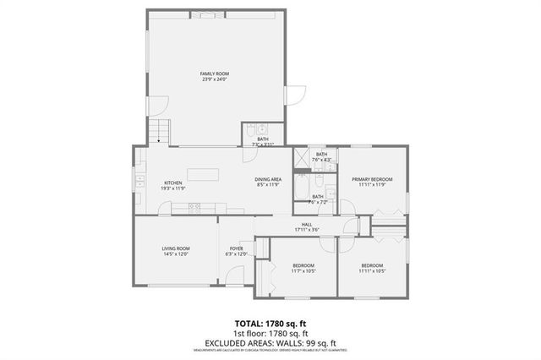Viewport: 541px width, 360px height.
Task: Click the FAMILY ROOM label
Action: click(x=215, y=74)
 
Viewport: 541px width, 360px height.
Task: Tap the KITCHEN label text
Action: click(x=173, y=183)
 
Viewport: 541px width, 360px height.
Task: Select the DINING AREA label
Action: click(x=268, y=179)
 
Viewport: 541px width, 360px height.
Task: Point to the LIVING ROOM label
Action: click(x=176, y=248)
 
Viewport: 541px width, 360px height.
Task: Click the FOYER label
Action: click(x=236, y=248)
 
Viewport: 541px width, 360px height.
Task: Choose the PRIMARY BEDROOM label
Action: click(x=372, y=179)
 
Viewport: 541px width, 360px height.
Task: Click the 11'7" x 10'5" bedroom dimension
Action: click(x=303, y=270)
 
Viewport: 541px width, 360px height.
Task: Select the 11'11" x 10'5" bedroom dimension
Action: click(x=372, y=270)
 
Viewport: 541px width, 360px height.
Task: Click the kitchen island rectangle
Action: click(x=203, y=175)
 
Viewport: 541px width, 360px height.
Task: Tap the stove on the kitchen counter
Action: click(x=194, y=206)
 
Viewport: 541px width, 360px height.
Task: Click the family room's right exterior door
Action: click(x=293, y=95)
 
